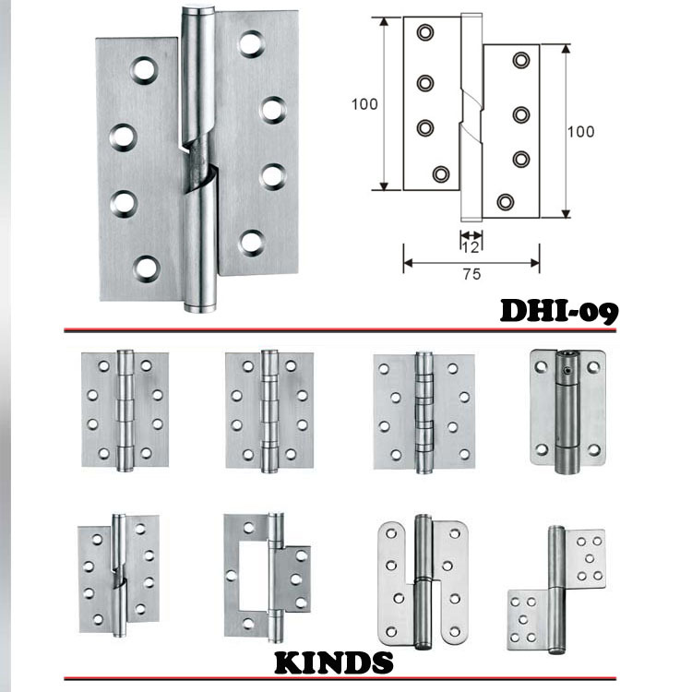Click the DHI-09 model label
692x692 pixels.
[558, 310]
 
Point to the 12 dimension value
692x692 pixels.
[471, 245]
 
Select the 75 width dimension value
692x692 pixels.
[471, 273]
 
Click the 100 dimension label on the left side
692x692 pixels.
[364, 104]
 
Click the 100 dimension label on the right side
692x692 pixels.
[580, 131]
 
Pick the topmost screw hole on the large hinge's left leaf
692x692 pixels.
[143, 68]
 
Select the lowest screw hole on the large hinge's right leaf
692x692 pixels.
[252, 242]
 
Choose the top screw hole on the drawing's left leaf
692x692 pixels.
[424, 33]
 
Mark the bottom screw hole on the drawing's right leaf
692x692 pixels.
[505, 201]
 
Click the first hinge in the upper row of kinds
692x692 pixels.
[125, 410]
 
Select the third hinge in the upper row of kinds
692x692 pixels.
[422, 412]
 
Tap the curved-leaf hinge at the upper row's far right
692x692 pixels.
[566, 411]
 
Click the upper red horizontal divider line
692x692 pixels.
[277, 329]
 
